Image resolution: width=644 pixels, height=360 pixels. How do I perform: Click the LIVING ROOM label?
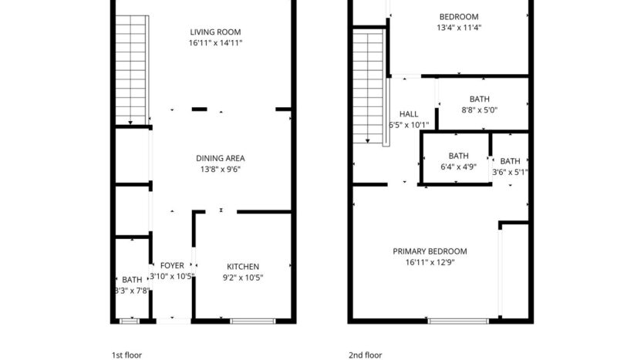click(x=215, y=32)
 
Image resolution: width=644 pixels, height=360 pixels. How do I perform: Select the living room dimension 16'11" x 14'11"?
click(x=215, y=44)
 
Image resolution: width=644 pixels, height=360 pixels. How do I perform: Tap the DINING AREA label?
click(x=220, y=158)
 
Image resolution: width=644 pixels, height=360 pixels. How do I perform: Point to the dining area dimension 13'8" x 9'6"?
click(x=220, y=170)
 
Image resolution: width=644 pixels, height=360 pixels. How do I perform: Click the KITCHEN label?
click(x=243, y=267)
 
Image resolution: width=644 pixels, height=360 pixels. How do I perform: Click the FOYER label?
click(x=171, y=266)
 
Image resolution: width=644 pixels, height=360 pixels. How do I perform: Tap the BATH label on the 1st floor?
click(x=132, y=280)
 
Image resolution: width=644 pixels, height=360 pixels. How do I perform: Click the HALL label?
click(x=409, y=114)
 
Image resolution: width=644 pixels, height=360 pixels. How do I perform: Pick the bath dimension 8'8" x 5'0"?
click(x=479, y=111)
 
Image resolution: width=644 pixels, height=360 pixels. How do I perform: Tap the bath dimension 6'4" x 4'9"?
click(x=458, y=167)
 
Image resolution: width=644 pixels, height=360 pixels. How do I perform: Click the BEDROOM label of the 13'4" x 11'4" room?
click(x=459, y=17)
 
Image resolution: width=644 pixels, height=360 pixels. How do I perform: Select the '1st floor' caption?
click(x=127, y=355)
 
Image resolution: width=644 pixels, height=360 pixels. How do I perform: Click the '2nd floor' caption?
click(x=365, y=355)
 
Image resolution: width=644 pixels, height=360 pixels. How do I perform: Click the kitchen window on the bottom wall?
click(x=251, y=319)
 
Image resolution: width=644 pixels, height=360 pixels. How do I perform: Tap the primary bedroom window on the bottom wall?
click(x=451, y=319)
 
